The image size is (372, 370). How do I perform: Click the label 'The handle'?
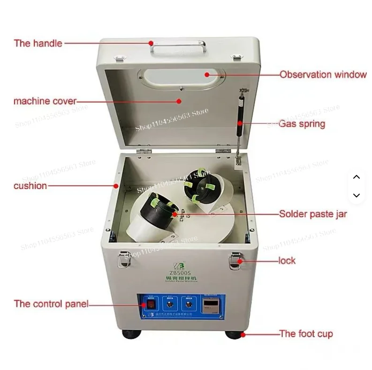[x=38, y=43]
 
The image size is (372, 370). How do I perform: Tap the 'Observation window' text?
[x=323, y=75]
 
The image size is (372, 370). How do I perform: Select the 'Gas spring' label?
[x=302, y=124]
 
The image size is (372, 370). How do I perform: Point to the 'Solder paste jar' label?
[x=313, y=214]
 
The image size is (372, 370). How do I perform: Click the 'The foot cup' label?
[x=306, y=334]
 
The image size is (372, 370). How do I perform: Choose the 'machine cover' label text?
[x=45, y=101]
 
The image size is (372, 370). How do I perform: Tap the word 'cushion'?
[x=30, y=186]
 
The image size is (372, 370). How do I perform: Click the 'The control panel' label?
[x=51, y=304]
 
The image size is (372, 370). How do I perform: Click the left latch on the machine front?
[x=123, y=258]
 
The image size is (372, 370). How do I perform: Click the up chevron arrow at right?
[x=356, y=177]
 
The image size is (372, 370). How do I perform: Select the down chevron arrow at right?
[x=356, y=195]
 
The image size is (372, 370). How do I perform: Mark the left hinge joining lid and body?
[x=144, y=151]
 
